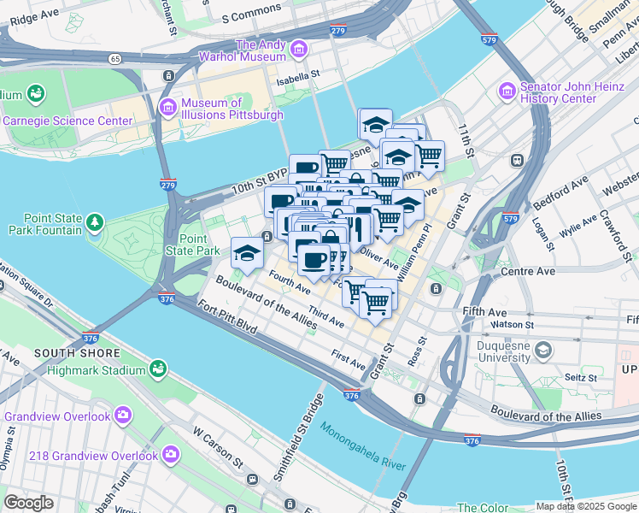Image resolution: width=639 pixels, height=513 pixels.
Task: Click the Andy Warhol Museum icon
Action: click(x=299, y=50)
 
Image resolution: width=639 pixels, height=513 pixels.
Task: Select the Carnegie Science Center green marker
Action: click(x=35, y=92)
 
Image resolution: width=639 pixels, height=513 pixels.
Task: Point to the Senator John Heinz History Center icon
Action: click(x=507, y=89)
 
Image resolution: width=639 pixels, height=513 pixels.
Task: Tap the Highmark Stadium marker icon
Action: click(x=157, y=369)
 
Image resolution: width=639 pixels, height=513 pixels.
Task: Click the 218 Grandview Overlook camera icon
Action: click(x=170, y=453)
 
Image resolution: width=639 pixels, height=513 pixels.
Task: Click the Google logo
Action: click(x=29, y=503)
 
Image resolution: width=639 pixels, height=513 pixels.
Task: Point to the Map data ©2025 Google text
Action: click(x=586, y=506)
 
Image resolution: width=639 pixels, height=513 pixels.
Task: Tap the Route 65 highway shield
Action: click(x=114, y=58)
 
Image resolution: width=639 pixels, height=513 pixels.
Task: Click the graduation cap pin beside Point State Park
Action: click(x=247, y=253)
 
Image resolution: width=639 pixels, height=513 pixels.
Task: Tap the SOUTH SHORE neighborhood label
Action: click(x=69, y=352)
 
